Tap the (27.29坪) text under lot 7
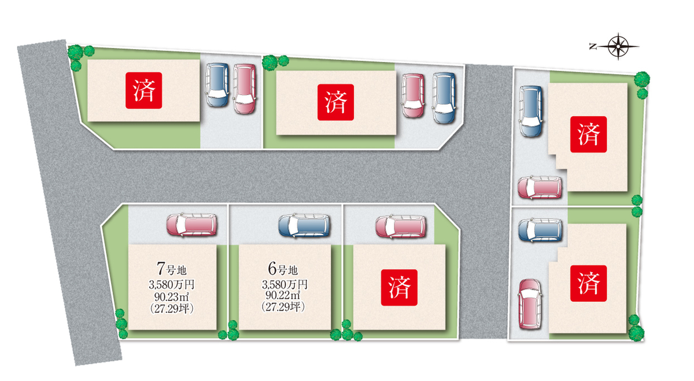[x=172, y=308]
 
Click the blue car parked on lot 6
[x=304, y=225]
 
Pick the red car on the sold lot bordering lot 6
[x=400, y=226]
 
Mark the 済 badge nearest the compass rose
[x=588, y=134]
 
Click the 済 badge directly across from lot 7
[x=144, y=90]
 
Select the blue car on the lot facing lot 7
[x=217, y=85]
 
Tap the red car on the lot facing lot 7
[x=244, y=88]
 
